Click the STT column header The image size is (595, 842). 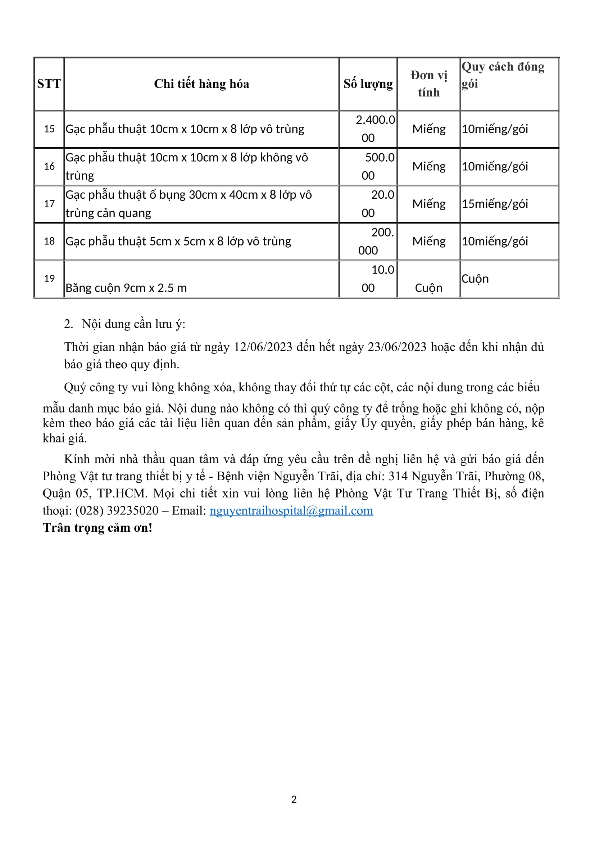point(49,84)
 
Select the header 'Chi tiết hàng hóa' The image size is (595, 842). point(201,84)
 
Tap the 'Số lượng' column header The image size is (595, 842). point(368,84)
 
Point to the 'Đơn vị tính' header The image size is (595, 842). point(429,84)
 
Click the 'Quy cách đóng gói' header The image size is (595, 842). point(503,75)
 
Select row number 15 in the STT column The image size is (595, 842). point(49,129)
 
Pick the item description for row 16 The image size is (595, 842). point(186,167)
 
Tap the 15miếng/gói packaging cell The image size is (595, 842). point(495,204)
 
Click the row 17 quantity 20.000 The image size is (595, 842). point(377,204)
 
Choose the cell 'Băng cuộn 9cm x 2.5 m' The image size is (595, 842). point(126,288)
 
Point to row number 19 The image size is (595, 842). point(49,279)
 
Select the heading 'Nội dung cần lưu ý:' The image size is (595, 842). point(133,324)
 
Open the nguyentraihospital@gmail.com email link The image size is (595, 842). point(291,511)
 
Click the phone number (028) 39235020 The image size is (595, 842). point(117,511)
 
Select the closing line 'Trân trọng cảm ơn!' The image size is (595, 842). point(97,528)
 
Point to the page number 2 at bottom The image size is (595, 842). point(294,800)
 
